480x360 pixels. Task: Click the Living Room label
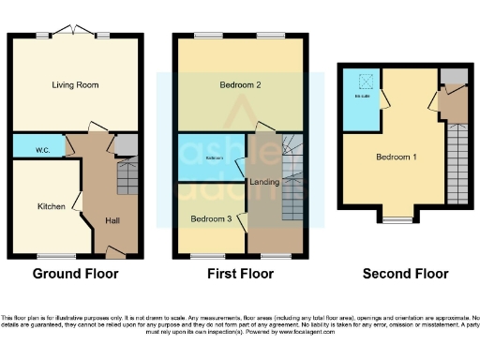[x=75, y=85]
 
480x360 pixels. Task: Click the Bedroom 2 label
[x=240, y=85]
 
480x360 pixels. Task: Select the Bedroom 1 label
[x=397, y=157]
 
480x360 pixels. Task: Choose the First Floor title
[x=240, y=274]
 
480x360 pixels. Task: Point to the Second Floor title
[x=406, y=274]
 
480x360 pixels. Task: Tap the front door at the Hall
[x=115, y=252]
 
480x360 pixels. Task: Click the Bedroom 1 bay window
[x=396, y=220]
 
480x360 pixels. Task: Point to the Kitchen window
[x=56, y=256]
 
